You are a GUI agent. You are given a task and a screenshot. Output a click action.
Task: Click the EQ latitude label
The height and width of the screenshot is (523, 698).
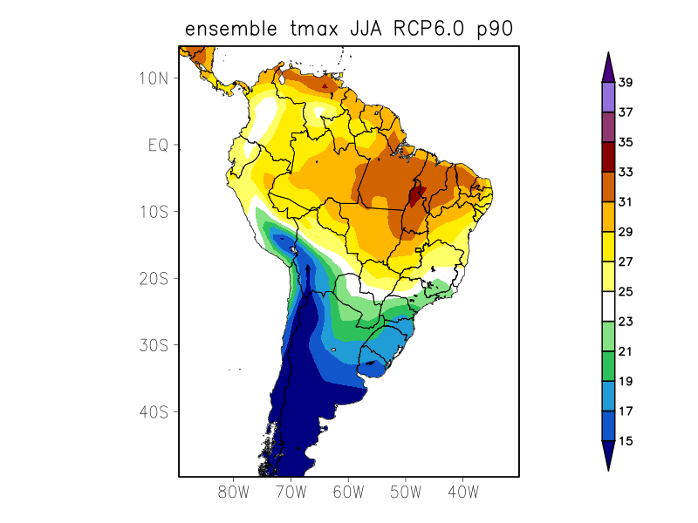point(158,145)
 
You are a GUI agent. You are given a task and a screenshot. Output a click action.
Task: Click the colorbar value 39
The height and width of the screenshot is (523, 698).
point(625,83)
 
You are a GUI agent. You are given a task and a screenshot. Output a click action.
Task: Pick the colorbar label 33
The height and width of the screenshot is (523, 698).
point(625,173)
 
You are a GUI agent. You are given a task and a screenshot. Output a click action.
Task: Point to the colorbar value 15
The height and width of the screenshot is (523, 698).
point(625,441)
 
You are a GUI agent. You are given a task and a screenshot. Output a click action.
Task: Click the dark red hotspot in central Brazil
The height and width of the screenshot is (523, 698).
point(416,194)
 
